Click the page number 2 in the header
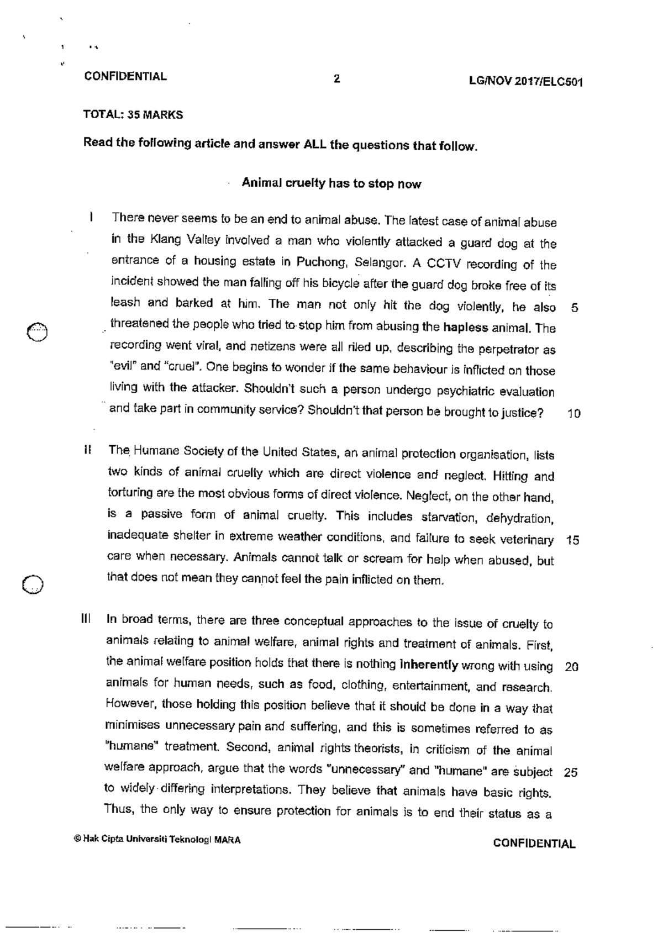pyautogui.click(x=336, y=78)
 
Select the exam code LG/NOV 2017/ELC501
pyautogui.click(x=526, y=82)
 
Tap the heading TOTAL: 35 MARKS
pyautogui.click(x=133, y=115)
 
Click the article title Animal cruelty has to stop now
pyautogui.click(x=331, y=183)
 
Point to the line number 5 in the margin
pyautogui.click(x=575, y=308)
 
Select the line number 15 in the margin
pyautogui.click(x=572, y=541)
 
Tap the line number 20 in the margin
pyautogui.click(x=571, y=667)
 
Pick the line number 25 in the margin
pyautogui.click(x=571, y=772)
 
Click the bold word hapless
pyautogui.click(x=465, y=328)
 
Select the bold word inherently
pyautogui.click(x=429, y=665)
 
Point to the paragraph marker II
pyautogui.click(x=87, y=450)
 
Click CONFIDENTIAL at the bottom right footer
pyautogui.click(x=534, y=844)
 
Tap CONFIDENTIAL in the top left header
pyautogui.click(x=125, y=76)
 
